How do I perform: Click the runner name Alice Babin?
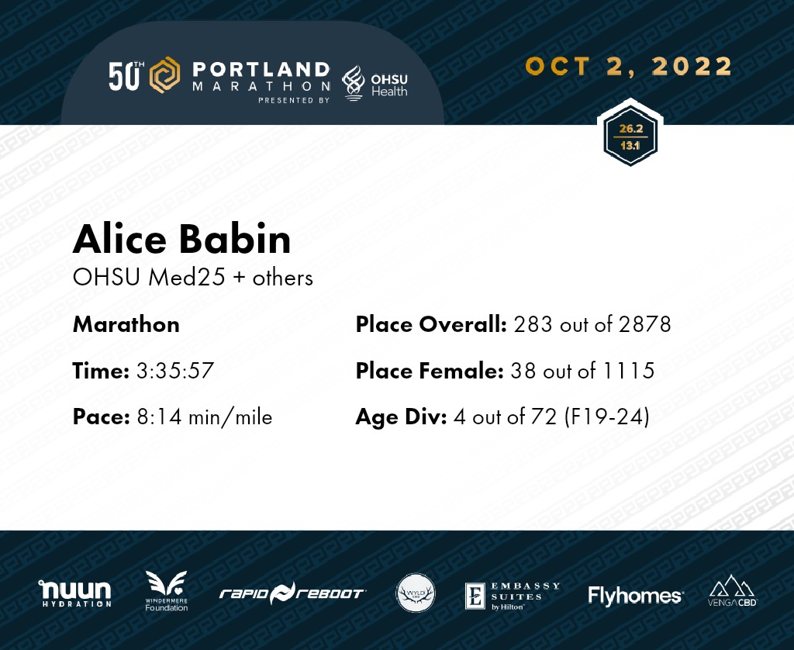tap(181, 239)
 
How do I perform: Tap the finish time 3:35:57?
tap(175, 371)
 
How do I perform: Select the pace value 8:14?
tap(159, 417)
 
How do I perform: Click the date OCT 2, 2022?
tap(629, 67)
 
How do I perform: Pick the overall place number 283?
tap(533, 324)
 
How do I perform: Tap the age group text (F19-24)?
tap(606, 417)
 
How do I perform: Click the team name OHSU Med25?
tap(149, 278)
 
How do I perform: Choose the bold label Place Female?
tap(430, 371)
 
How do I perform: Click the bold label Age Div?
tap(401, 417)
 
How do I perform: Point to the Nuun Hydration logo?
tap(75, 593)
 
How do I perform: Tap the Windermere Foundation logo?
tap(166, 591)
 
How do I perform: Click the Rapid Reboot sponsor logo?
tap(292, 593)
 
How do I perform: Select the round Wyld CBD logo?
tap(416, 593)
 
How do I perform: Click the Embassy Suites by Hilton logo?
tap(513, 596)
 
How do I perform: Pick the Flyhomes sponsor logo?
tap(636, 596)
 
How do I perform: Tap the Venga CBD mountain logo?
tap(732, 590)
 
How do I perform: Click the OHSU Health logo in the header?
tap(375, 84)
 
